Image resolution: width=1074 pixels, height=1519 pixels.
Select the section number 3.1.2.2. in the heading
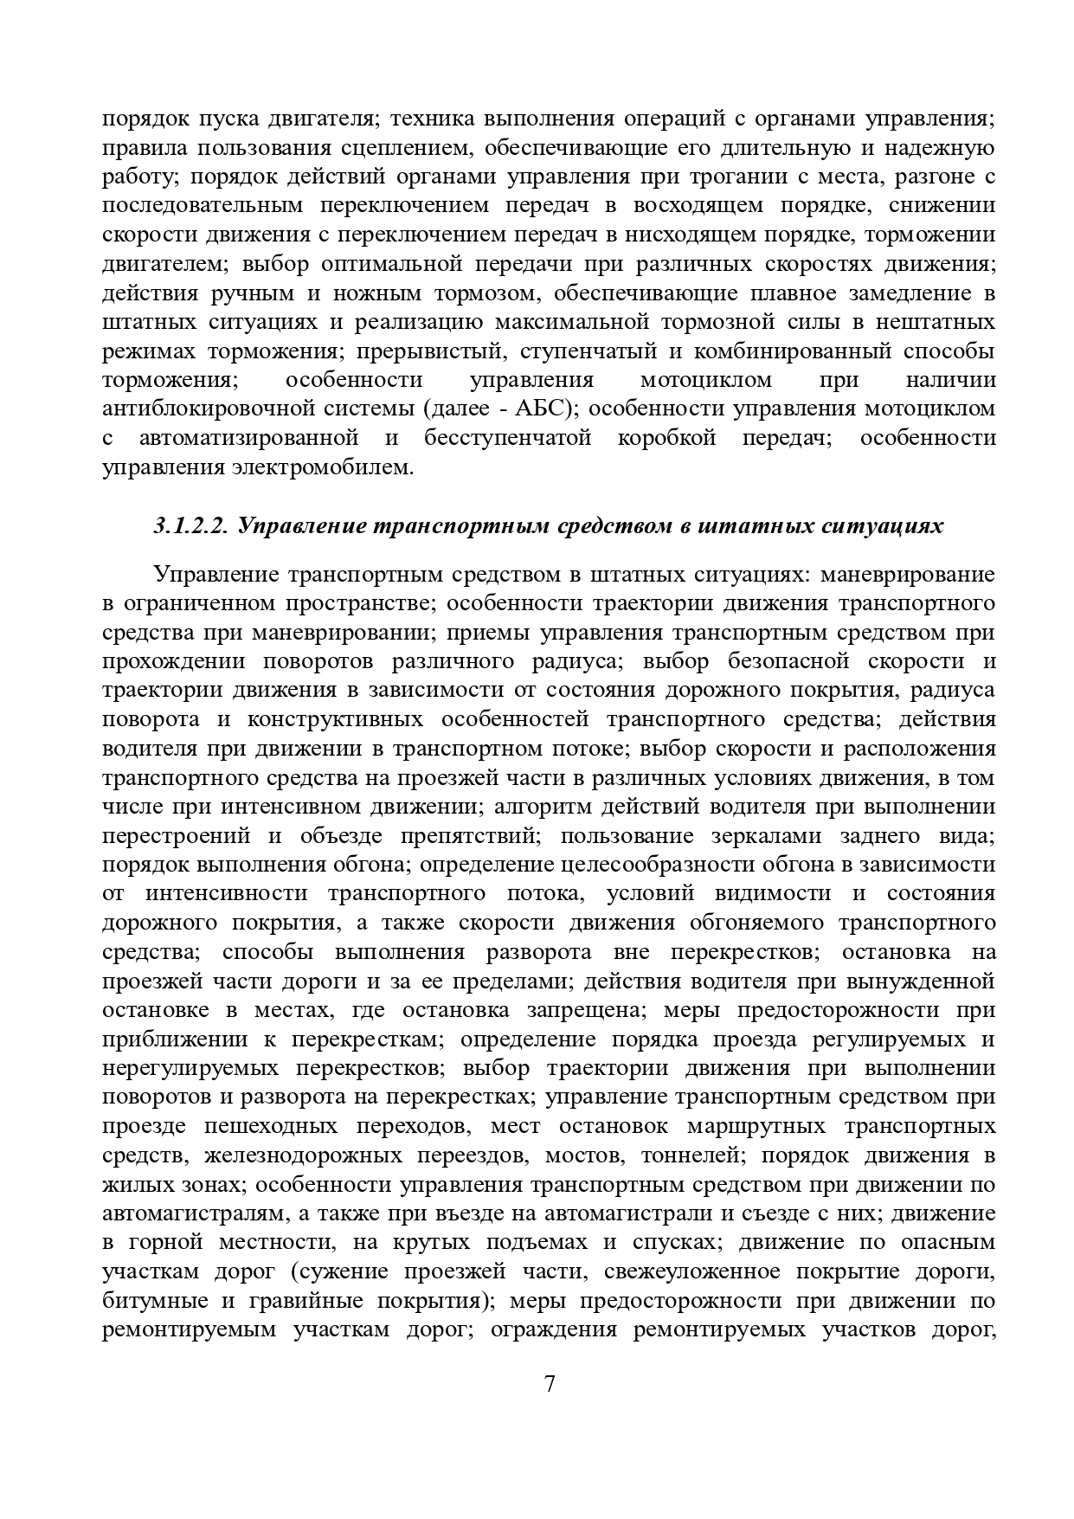190,525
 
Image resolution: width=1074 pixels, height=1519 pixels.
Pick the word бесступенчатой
507,438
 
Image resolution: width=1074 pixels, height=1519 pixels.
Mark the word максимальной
571,322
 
